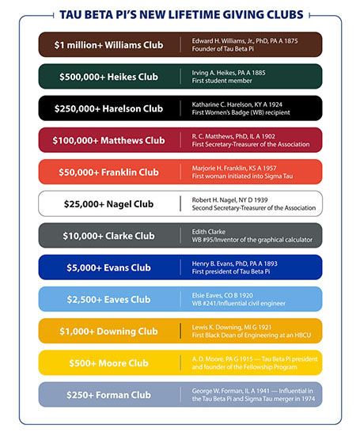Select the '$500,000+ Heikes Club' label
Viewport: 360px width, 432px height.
[108, 77]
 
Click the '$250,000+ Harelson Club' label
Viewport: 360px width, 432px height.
[108, 108]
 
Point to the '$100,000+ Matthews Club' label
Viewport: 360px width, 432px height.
[108, 140]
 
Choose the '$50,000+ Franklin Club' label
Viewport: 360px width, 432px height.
[108, 172]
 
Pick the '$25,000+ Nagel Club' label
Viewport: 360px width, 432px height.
[108, 203]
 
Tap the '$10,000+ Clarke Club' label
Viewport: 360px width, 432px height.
[108, 235]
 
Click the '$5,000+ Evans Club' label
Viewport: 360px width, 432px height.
[108, 267]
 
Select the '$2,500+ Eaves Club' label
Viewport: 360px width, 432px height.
[108, 299]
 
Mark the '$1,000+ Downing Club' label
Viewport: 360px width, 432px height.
[108, 331]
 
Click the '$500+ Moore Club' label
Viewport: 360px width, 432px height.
[108, 362]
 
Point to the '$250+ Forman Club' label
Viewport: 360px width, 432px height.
[108, 394]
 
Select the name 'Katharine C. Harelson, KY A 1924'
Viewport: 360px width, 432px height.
[239, 104]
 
